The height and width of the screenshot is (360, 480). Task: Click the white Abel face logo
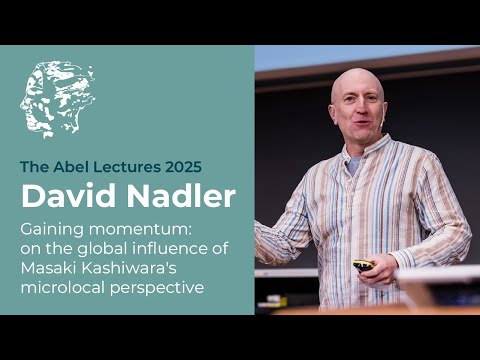[x=58, y=99]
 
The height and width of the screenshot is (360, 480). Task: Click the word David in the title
[x=64, y=195]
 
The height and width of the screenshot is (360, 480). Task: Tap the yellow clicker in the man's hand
[x=364, y=266]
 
